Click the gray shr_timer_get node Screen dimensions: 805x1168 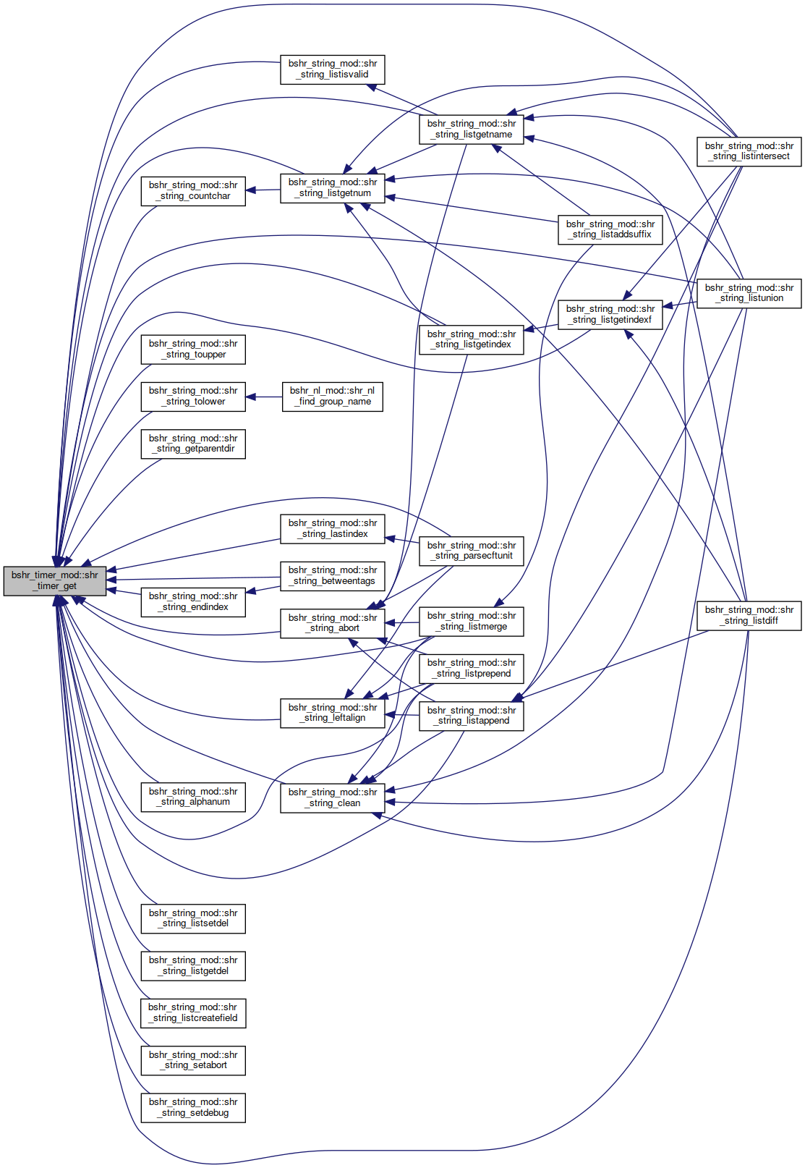55,580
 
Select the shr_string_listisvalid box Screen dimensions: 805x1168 333,69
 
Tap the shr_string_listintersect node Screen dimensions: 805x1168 749,151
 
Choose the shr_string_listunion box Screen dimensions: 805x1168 749,293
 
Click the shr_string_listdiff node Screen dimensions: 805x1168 749,615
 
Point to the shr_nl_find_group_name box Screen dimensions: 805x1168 333,397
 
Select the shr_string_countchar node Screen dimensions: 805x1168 193,191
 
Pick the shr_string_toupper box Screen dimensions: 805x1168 193,350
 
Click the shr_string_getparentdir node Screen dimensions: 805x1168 193,444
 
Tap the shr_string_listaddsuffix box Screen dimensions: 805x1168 610,229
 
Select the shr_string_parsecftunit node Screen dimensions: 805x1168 471,551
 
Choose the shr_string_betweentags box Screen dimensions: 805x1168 333,575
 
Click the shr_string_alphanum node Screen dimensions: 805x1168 193,797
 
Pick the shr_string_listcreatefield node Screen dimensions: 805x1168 193,1013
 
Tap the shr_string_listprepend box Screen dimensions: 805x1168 471,669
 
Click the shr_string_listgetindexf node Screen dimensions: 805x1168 610,314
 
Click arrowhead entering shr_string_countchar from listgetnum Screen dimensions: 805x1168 251,190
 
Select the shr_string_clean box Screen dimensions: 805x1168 333,797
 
